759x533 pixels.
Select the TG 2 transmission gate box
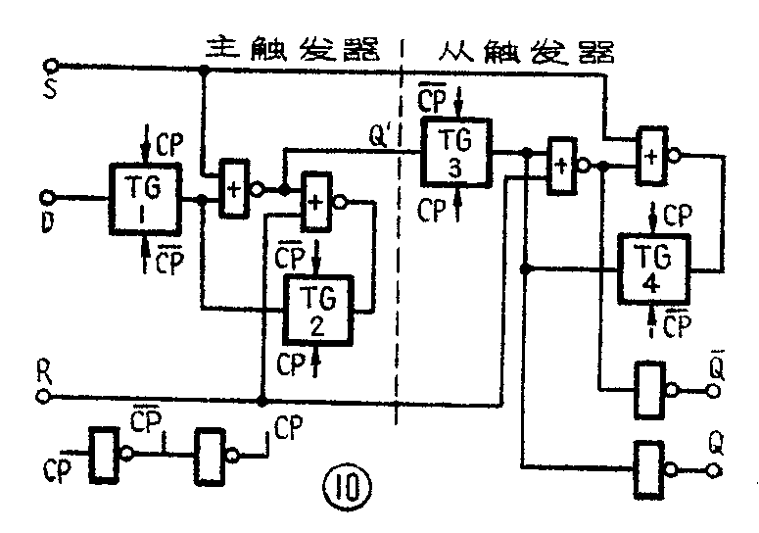(x=318, y=309)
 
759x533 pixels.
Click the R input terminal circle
(x=44, y=398)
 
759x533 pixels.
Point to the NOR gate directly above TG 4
(x=651, y=153)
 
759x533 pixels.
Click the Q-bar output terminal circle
(x=713, y=390)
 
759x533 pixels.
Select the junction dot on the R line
(x=261, y=399)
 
